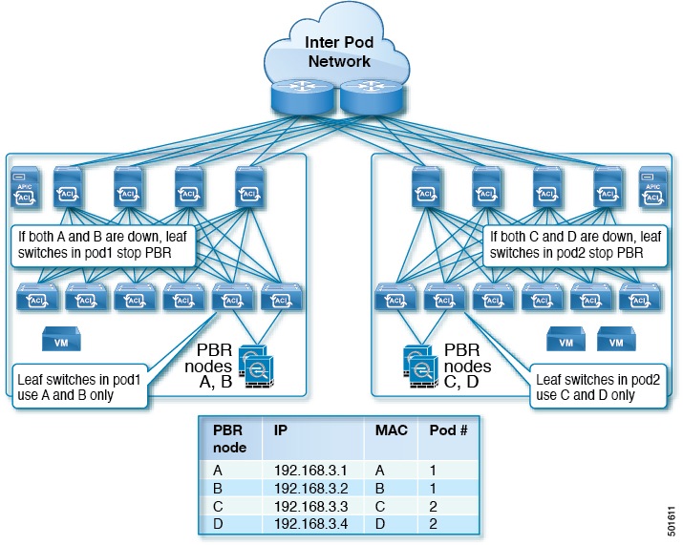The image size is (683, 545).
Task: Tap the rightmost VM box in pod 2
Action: (616, 339)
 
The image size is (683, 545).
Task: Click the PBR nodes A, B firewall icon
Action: (256, 367)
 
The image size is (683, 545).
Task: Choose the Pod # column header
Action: (448, 430)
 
